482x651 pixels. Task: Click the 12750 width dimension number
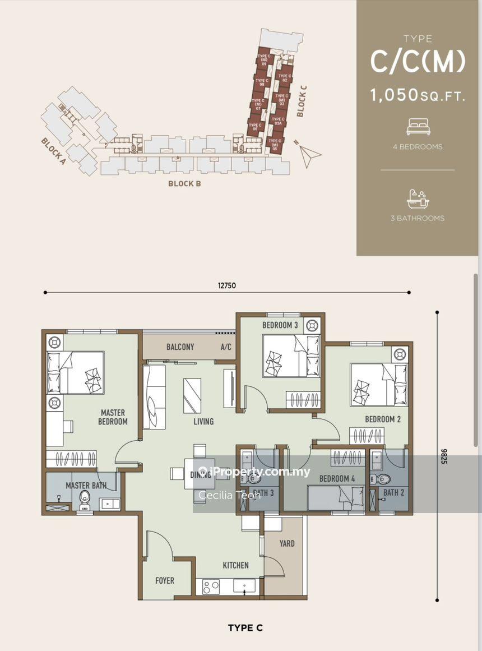(227, 285)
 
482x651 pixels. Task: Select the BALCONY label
(180, 347)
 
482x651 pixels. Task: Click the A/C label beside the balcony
(226, 347)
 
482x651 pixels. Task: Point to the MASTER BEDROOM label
(113, 417)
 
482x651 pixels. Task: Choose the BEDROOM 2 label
(383, 419)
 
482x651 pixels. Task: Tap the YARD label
(286, 543)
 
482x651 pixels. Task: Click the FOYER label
(165, 581)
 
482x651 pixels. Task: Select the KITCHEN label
(235, 565)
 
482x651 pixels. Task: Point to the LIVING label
(203, 421)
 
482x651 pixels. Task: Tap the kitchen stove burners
(211, 587)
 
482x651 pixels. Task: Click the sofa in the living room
(154, 397)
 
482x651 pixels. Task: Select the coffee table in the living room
(192, 395)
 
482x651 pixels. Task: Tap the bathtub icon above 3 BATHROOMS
(418, 198)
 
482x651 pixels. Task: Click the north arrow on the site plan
(309, 155)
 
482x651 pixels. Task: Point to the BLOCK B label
(184, 183)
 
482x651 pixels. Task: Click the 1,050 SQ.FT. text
(418, 95)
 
